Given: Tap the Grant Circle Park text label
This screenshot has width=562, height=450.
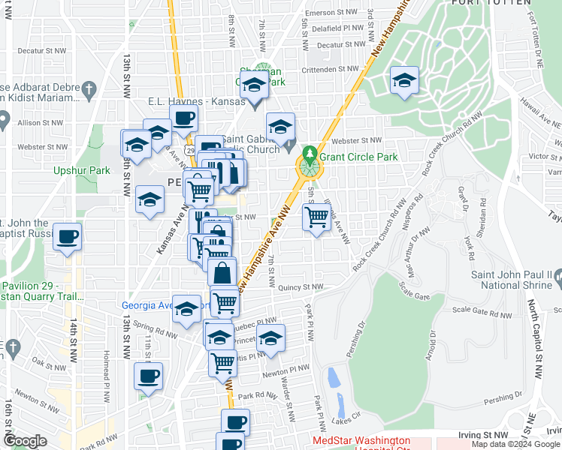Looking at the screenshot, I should click(358, 157).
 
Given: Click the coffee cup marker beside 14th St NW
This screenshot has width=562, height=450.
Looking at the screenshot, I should click(68, 238).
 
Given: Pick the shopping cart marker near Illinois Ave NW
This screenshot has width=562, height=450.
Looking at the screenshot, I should click(316, 218).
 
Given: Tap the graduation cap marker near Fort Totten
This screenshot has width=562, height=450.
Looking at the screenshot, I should click(404, 80).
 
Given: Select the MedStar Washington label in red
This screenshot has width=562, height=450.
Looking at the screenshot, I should click(361, 440).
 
